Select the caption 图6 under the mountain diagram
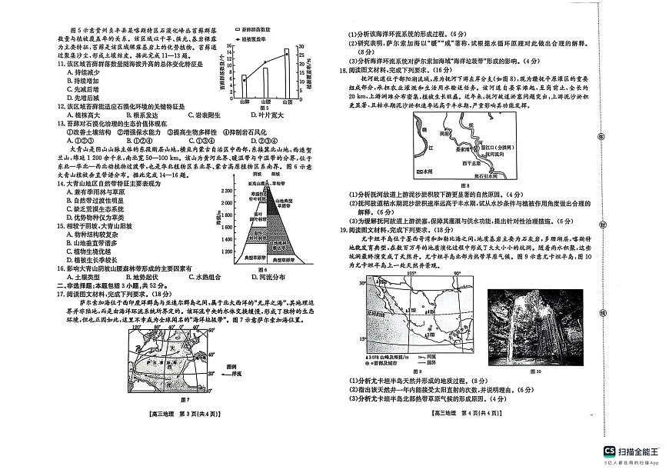262,270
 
